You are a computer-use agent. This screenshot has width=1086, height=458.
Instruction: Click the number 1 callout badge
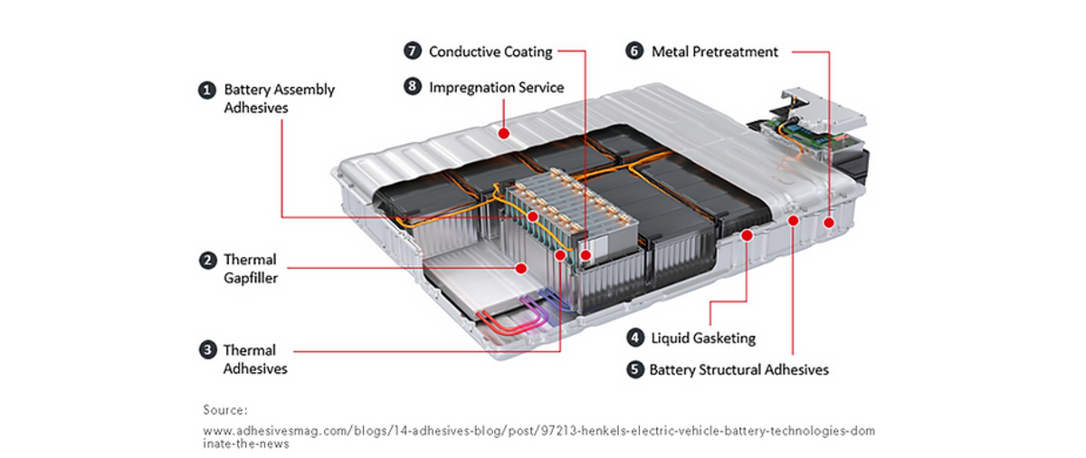point(208,90)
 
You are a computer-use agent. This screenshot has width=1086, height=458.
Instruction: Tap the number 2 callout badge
point(208,261)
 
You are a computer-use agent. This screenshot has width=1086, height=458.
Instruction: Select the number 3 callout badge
point(208,350)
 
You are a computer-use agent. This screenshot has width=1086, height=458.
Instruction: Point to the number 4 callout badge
point(636,339)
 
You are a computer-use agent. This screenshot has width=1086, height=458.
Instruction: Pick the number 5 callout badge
point(634,369)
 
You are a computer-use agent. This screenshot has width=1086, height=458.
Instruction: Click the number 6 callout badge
point(634,52)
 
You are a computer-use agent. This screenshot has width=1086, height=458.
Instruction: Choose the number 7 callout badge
point(413,52)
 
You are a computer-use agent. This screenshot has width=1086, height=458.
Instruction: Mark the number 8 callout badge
point(413,88)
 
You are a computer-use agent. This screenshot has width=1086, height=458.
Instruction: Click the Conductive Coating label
point(491,52)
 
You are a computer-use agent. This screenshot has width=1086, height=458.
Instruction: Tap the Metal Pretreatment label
point(715,52)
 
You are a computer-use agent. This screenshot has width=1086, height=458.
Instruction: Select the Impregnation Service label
point(496,88)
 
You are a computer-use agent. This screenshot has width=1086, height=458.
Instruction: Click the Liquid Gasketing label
point(703,339)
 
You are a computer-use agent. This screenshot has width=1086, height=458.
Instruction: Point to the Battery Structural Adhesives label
point(738,369)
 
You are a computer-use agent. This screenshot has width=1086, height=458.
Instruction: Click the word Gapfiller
point(251,278)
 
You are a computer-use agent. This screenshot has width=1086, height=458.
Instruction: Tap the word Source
point(225,410)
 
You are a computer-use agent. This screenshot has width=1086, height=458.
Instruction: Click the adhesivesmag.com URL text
point(538,432)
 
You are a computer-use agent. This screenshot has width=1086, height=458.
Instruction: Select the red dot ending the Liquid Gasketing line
point(748,235)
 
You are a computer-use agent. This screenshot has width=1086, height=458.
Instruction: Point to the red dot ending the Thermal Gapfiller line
point(520,268)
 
